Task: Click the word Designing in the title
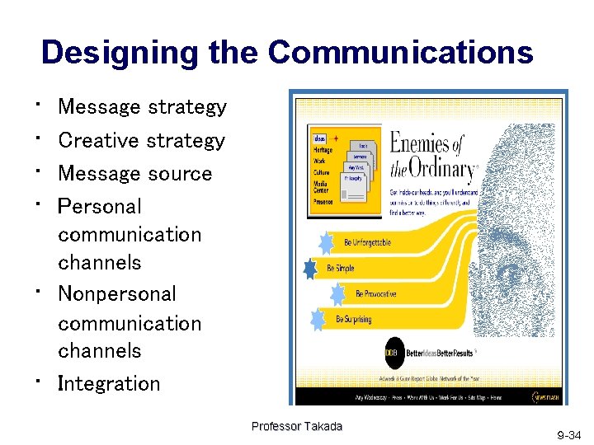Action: pos(111,53)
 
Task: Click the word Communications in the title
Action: pos(400,53)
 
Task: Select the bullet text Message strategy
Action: pos(142,107)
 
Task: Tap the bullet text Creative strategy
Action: pos(141,141)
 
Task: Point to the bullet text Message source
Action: pos(135,174)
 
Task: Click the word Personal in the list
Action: pos(100,206)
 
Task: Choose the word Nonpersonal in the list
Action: pos(117,294)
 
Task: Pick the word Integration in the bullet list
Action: pos(109,383)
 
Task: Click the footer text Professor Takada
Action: pos(296,426)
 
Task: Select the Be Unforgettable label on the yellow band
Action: pos(368,242)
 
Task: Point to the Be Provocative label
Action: pos(375,293)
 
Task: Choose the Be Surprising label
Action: pos(354,319)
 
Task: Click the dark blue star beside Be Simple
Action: pos(310,269)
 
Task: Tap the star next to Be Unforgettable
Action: pos(328,242)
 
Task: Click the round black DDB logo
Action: pos(393,354)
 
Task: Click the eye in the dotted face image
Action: pos(509,273)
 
